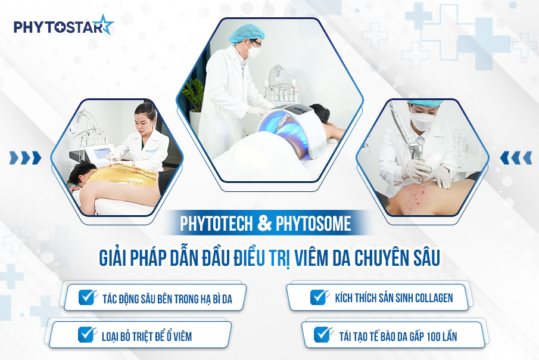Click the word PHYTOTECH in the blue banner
pyautogui.click(x=217, y=224)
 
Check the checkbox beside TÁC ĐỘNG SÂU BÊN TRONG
pyautogui.click(x=88, y=297)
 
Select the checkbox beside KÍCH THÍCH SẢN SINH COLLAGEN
pyautogui.click(x=319, y=297)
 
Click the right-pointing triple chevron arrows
pyautogui.click(x=25, y=157)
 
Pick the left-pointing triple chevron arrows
pyautogui.click(x=515, y=157)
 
